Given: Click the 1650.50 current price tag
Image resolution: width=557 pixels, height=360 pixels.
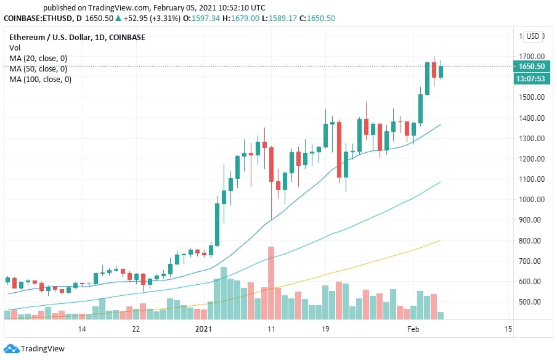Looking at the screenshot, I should point(531,67).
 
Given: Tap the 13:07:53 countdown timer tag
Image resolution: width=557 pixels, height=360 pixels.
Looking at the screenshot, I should point(531,78).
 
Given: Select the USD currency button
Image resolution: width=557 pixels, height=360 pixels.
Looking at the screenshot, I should point(532,36).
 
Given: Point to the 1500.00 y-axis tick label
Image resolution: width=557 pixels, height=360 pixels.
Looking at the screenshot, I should point(531,97).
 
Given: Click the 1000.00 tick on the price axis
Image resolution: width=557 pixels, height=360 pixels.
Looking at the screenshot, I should point(531,200).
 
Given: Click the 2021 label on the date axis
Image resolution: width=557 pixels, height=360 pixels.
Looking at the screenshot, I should point(203,329).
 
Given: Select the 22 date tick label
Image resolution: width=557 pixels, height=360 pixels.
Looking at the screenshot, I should point(136,329).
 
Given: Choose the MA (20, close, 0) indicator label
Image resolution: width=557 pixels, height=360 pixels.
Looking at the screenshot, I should point(38,59).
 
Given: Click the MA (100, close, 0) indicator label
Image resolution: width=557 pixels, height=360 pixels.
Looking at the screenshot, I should point(40,80).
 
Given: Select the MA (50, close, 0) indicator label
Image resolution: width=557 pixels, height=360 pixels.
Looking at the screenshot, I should point(38,69).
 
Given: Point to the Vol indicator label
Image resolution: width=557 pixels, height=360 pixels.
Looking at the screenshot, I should point(14,48).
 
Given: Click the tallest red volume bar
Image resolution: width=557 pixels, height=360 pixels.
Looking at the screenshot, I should point(270,283).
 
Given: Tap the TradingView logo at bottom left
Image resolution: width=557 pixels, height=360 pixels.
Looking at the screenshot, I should point(36,349).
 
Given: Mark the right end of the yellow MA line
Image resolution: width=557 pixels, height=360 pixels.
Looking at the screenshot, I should point(441,240).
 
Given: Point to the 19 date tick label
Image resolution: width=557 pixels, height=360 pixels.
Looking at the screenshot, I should point(325,329).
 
